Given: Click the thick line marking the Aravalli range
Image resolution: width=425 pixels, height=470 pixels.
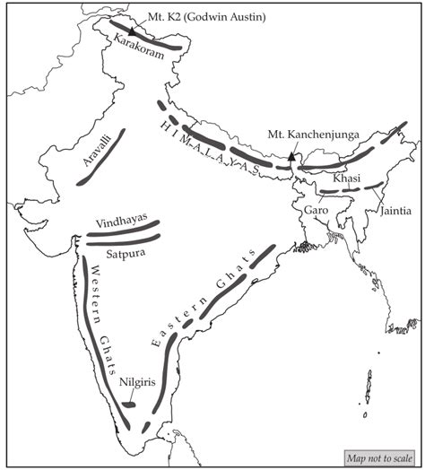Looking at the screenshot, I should click(102, 154).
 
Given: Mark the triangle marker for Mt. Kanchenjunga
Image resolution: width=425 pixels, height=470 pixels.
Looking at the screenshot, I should click(291, 156).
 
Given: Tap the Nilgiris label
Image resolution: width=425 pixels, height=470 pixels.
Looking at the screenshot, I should click(135, 381).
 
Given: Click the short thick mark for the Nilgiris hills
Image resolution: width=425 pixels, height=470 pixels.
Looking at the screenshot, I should click(129, 405).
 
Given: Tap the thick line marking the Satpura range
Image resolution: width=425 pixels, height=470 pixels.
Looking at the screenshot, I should click(121, 239).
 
